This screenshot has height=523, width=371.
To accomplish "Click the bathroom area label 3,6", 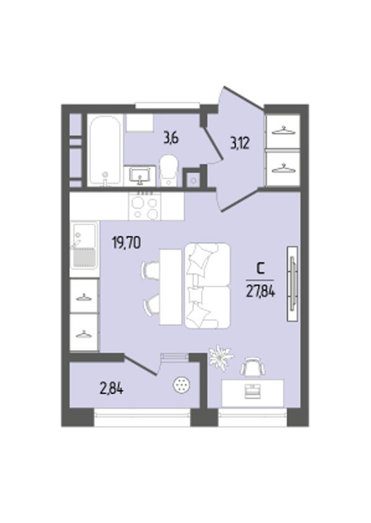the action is point(171,137).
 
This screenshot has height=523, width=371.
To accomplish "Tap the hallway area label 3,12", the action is point(240,144).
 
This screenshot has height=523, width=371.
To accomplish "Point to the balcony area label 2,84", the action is point(111,388).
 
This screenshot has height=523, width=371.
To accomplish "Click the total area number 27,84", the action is point(260,292).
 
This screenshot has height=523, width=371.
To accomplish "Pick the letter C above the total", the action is point(260,268).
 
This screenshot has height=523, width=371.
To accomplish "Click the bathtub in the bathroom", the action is point(105,150).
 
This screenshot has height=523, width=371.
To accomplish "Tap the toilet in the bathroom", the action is point(169,170).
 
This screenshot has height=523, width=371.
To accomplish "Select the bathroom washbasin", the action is point(140,176).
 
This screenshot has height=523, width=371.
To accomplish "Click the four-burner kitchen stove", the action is point(145,207).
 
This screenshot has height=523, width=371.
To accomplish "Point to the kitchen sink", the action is point(84,246).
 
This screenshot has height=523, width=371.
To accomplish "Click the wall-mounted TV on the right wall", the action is point(292,283).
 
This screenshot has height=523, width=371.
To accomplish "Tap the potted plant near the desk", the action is point(220,356).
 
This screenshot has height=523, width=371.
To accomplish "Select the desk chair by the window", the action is point(254,366).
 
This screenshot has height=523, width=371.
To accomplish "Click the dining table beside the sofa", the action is point(171,287).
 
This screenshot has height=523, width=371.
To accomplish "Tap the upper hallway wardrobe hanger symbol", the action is point(283,130).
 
